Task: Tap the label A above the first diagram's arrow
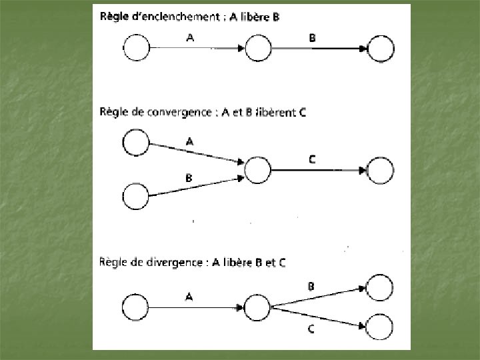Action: tap(191, 38)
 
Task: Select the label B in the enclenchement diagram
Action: tap(312, 38)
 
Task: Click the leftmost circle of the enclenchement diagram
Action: tap(136, 49)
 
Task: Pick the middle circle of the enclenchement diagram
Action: tap(258, 49)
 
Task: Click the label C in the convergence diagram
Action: tap(312, 160)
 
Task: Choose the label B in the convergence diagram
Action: tap(189, 177)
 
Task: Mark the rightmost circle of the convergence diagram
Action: tap(381, 171)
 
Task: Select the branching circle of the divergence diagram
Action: tap(257, 307)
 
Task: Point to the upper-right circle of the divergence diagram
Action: tap(381, 288)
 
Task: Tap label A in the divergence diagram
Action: tap(189, 297)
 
